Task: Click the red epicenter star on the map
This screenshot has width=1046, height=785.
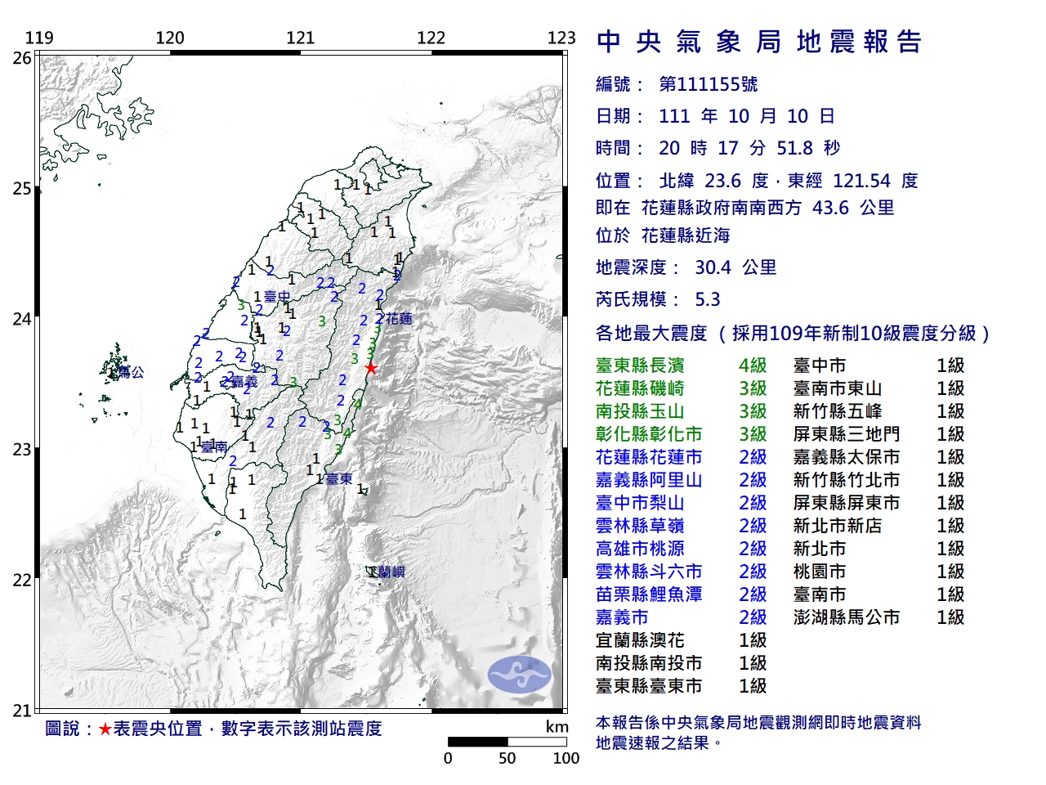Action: coord(371,368)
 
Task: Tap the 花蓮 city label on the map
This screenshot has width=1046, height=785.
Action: coord(399,319)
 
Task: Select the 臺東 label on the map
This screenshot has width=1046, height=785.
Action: coord(339,479)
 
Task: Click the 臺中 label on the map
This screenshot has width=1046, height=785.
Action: coord(277,297)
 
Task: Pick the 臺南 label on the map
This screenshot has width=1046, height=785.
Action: coord(214,447)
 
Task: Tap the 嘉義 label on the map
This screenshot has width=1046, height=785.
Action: coord(244,382)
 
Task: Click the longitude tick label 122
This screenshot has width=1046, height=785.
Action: coord(431,38)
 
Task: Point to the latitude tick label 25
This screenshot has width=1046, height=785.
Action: coord(22,189)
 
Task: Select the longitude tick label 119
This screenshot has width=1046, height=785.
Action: coord(39,38)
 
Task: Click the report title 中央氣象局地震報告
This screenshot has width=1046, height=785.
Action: coord(759,42)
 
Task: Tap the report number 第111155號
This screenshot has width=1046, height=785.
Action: coord(708,84)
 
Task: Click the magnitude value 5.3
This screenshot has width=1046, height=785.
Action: coord(708,299)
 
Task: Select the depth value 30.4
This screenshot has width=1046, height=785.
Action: coord(712,267)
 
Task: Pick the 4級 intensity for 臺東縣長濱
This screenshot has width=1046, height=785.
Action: coord(753,366)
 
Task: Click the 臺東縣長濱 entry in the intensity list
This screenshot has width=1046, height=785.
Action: coord(640,366)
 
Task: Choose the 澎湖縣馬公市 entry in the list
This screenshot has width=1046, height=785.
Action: coord(846,617)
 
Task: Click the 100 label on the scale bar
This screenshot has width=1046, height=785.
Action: coord(565,758)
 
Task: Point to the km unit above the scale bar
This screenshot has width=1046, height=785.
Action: coord(557,727)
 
